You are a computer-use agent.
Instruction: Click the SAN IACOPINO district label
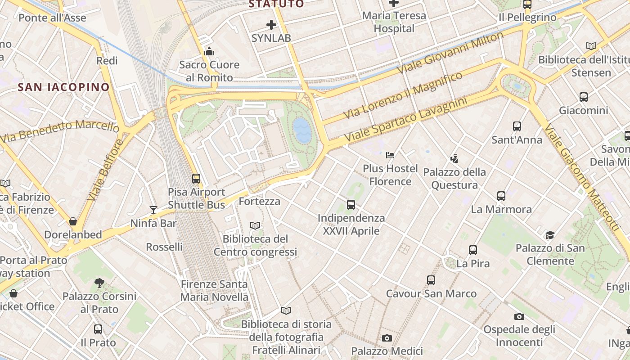63,87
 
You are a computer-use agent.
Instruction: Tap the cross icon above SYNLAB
271,25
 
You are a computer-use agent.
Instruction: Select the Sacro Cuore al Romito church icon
209,52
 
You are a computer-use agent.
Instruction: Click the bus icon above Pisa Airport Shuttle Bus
196,178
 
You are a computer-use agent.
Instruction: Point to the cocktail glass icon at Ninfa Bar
153,210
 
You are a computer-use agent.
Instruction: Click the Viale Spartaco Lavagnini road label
405,119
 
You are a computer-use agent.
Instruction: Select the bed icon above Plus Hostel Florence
390,155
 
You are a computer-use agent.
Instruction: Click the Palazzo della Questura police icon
454,158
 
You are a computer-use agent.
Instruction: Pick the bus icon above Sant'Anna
517,126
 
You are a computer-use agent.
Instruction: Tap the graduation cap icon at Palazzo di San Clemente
550,235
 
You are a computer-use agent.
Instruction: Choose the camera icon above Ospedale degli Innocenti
519,316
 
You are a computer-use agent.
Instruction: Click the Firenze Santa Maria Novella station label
214,291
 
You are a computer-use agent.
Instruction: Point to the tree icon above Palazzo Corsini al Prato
99,283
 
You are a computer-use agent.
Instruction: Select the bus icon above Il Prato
98,329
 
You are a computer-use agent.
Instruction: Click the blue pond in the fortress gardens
302,130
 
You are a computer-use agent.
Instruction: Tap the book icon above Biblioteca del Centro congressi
255,225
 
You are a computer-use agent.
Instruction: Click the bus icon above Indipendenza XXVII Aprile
351,205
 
